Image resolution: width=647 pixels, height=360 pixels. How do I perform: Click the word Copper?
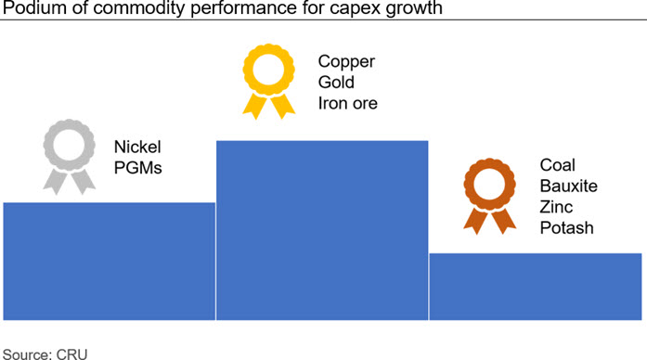(346, 61)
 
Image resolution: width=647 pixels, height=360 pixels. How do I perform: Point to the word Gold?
(336, 82)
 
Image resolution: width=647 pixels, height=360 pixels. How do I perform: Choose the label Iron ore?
(347, 103)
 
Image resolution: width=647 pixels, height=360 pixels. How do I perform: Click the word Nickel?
(137, 147)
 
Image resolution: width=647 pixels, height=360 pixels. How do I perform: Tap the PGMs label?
(137, 168)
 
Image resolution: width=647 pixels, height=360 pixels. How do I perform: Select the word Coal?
(557, 165)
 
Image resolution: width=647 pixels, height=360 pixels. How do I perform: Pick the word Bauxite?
(569, 186)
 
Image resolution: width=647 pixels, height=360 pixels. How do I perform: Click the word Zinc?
(556, 207)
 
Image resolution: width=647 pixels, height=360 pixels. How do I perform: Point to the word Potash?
(566, 227)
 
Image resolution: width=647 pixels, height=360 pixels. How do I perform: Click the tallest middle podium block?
(322, 230)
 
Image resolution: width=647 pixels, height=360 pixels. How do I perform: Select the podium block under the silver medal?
(110, 261)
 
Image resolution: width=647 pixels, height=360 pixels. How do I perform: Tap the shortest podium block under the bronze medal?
(536, 287)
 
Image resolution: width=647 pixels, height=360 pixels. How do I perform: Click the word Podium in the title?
(34, 7)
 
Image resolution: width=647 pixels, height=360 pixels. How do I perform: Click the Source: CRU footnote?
(45, 354)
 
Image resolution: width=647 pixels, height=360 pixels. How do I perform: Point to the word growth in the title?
(414, 8)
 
